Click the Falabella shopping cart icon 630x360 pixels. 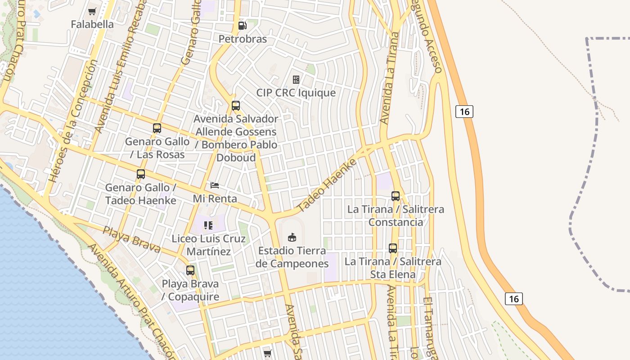92,11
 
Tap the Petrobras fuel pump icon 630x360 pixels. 243,26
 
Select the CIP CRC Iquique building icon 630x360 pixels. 296,80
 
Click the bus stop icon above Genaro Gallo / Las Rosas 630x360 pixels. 157,128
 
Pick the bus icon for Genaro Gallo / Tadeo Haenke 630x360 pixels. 141,174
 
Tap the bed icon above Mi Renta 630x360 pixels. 215,185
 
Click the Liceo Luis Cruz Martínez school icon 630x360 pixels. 208,225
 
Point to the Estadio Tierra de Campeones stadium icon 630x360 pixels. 292,237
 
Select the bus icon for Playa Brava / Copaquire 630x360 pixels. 190,270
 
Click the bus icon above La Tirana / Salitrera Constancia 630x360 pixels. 396,196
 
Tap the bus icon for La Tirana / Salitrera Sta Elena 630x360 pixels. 393,248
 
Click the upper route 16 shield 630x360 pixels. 464,111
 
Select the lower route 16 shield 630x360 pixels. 514,298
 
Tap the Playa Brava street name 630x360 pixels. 131,239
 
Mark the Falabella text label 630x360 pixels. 92,24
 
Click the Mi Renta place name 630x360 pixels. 215,198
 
